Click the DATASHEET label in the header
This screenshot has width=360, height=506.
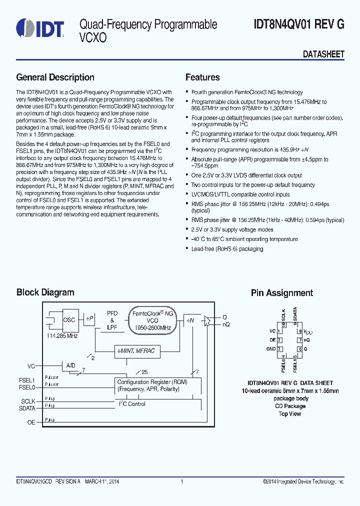[323, 54]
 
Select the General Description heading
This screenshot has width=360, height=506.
[55, 77]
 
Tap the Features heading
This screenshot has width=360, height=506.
[202, 77]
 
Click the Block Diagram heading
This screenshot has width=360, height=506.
[45, 292]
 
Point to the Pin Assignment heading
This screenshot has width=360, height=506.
[282, 293]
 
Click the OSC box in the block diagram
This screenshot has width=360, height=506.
[69, 320]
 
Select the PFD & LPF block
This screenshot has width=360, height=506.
[112, 320]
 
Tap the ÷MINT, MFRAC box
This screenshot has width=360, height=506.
[136, 351]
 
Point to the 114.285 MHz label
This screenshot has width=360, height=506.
[62, 336]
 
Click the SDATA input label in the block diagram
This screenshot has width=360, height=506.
[27, 408]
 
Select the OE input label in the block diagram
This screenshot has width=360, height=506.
[31, 422]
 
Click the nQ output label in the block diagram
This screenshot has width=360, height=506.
[226, 324]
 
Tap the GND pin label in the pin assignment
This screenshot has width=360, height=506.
[270, 349]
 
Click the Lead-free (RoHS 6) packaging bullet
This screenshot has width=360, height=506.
[227, 248]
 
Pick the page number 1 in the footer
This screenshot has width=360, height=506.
[182, 481]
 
